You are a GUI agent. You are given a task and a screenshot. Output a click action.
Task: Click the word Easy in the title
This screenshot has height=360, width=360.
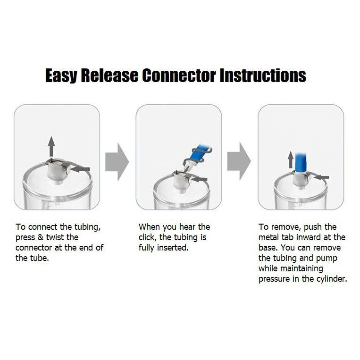click(61, 75)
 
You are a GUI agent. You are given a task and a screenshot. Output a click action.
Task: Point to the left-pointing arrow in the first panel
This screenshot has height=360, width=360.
click(81, 168)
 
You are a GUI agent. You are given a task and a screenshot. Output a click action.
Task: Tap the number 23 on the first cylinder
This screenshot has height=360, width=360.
click(57, 204)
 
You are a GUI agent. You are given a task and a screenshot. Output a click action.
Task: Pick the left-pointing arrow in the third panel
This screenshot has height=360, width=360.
click(322, 177)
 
